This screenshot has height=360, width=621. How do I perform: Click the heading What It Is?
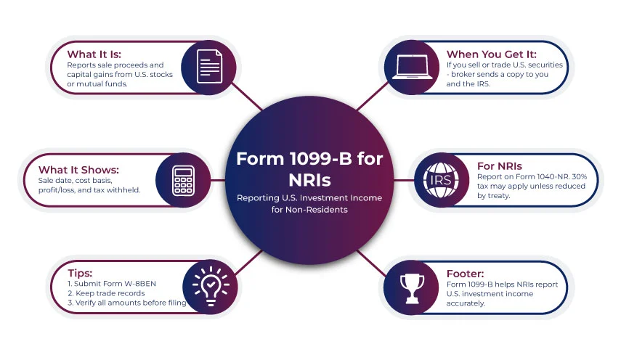click(93, 54)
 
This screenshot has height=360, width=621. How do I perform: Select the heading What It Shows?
click(78, 169)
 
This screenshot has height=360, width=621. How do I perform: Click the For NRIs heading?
click(499, 165)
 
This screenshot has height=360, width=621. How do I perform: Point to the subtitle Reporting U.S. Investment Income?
click(309, 197)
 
